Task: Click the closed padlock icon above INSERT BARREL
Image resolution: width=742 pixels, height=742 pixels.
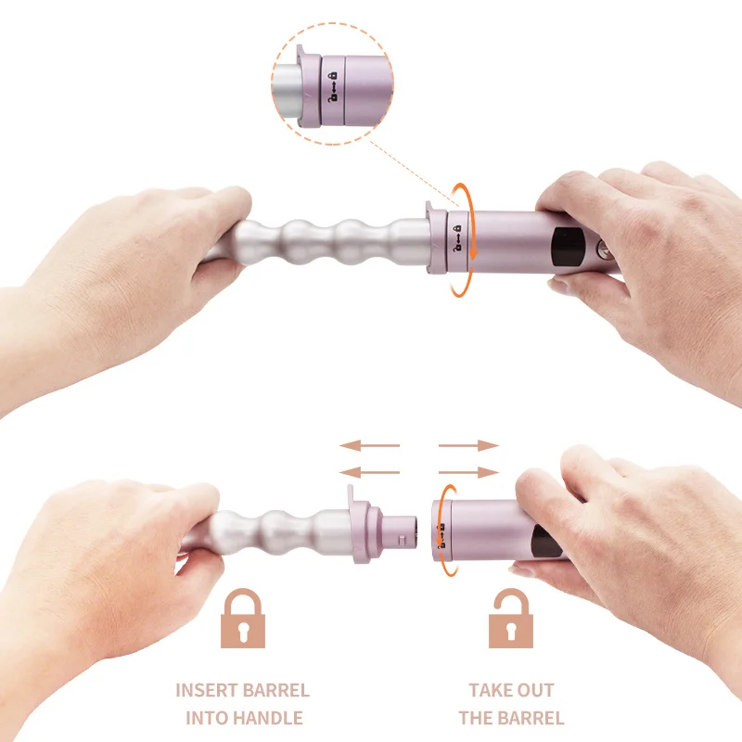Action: click(x=242, y=619)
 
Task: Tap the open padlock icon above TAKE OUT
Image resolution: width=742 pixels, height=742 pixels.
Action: click(x=511, y=618)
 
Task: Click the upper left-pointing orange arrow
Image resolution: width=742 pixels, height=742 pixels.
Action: click(x=367, y=445)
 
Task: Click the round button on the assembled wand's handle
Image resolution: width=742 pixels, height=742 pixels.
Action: click(x=604, y=249)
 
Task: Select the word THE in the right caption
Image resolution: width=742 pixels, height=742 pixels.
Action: click(x=479, y=718)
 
